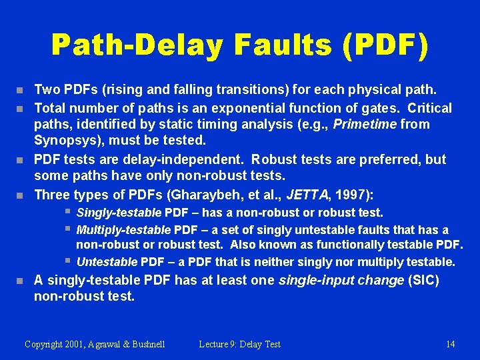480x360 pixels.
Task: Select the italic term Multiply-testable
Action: coord(124,230)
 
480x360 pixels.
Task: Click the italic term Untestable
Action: coord(109,262)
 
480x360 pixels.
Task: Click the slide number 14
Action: coord(451,344)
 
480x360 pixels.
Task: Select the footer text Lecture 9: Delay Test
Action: coord(239,344)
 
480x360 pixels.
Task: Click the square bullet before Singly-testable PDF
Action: coord(68,212)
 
